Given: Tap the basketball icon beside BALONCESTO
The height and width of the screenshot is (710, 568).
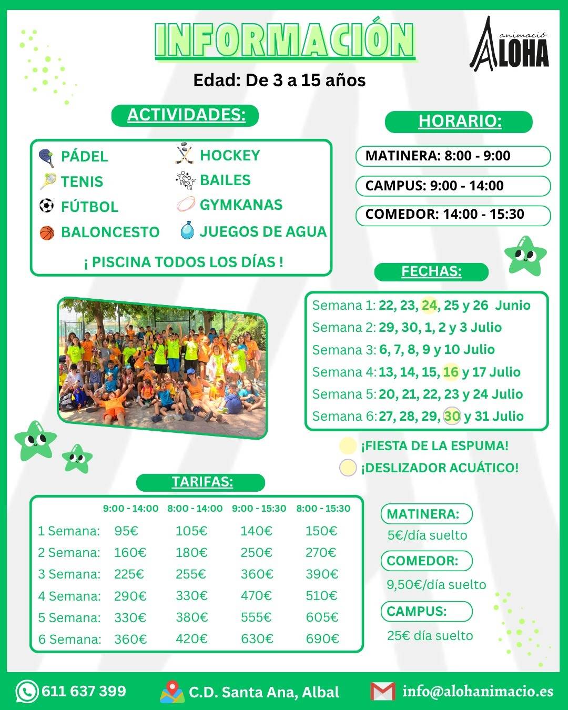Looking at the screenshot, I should point(47,232).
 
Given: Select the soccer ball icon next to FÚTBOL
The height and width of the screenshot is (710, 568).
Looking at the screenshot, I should point(46,206).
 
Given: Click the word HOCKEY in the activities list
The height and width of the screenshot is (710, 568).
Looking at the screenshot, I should point(230,155).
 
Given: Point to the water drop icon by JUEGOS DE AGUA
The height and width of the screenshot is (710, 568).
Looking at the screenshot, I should point(187,231).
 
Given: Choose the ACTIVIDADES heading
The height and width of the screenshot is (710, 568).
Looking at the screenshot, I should point(186,115).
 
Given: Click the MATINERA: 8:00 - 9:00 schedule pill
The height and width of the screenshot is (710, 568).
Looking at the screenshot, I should point(452,156).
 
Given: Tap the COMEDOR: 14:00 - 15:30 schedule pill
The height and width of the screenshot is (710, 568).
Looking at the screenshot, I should point(452,215).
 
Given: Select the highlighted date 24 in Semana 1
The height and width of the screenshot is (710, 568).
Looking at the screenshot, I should point(429,305).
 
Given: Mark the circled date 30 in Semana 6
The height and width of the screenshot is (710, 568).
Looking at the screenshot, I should point(451,416).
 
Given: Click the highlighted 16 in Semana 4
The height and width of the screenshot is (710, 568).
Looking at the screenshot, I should point(451,372).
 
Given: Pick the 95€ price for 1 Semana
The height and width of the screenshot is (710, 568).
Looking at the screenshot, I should point(126,531).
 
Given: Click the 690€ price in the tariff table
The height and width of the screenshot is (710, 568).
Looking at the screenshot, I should point(322,639).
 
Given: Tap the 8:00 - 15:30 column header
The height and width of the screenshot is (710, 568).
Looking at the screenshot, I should point(323,509).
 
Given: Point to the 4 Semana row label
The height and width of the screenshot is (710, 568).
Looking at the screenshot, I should point(69,596).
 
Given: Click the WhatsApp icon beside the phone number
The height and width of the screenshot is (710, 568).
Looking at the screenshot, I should point(26,691).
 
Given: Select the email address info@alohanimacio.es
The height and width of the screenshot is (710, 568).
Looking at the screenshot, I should point(478,691).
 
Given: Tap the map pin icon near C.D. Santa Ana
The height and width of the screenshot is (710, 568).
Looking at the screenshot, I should point(172,692).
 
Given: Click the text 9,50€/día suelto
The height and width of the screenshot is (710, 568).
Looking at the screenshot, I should point(436,585).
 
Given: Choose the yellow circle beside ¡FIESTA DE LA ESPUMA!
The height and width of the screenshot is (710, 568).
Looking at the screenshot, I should point(348,446).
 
